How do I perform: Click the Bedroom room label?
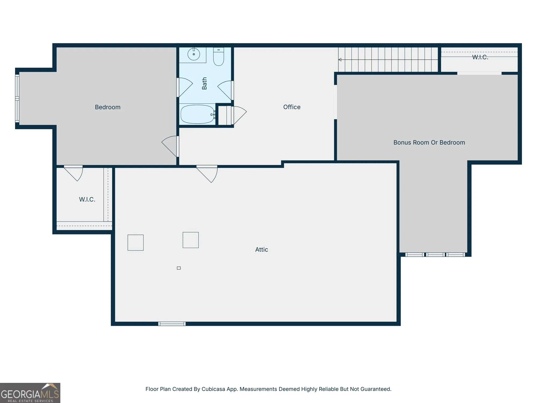coord(108,107)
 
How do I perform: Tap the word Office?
coord(292,107)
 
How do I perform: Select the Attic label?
coord(262,250)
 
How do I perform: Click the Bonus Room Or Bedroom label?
coord(429,143)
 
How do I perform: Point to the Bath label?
coord(204,83)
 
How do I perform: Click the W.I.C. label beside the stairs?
coord(480,57)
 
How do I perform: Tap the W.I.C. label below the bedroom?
coord(87,199)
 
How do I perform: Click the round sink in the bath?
coord(194,54)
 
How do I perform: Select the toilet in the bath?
coord(219,57)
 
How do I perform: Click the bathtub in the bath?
coord(197,114)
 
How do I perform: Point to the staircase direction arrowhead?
coord(340,60)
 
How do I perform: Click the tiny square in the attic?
coord(179,268)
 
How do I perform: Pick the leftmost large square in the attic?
coord(136,243)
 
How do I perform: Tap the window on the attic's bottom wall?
coord(172,324)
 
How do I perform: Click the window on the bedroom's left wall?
coord(17,98)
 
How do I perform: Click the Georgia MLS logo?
coord(30,393)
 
